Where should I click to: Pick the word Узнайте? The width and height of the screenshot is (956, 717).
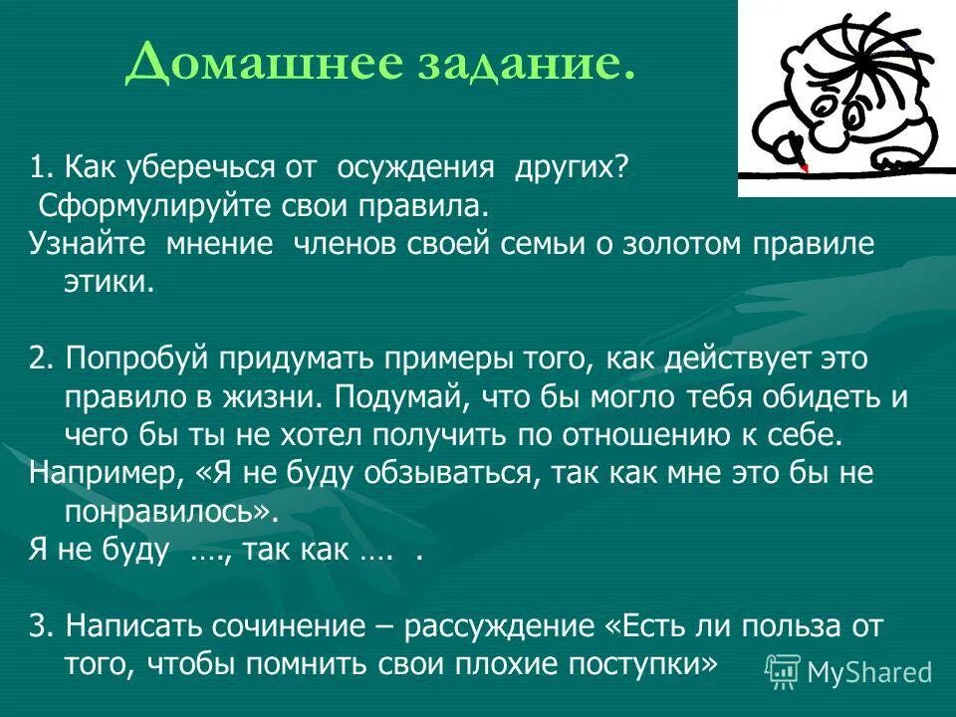coord(86,244)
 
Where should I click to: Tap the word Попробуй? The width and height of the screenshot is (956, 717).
coord(137,358)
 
